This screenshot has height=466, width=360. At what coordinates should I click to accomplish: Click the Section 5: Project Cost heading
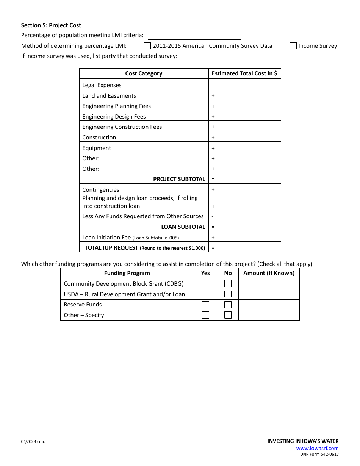(51, 25)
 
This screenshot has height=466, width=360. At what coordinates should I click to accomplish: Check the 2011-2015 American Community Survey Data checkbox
(147, 46)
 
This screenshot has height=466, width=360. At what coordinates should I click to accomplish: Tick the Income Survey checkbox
(293, 46)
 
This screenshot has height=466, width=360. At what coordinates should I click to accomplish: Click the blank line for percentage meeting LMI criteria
(194, 36)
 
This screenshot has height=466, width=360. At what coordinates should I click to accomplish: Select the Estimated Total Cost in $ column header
(244, 73)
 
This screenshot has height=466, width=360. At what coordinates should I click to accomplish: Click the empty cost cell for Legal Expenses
(244, 84)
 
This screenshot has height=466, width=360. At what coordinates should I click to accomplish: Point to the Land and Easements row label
(109, 96)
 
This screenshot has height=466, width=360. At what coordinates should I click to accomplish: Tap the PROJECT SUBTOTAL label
(179, 179)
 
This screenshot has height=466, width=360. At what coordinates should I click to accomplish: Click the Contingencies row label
(101, 190)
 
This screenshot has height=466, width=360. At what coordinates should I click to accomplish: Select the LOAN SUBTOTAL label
(183, 227)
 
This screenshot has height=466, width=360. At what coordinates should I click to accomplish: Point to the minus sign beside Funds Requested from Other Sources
(213, 216)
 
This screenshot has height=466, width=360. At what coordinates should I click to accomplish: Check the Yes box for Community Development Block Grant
(205, 283)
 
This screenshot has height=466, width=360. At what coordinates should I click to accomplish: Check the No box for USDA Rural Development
(228, 294)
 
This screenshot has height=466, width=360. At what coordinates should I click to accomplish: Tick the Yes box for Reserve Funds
(205, 305)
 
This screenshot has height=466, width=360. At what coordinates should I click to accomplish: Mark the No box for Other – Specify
(228, 315)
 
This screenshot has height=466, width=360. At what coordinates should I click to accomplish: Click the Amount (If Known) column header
(269, 273)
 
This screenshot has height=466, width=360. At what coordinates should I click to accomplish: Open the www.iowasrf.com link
(318, 449)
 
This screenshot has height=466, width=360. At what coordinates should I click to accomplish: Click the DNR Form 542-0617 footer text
(319, 455)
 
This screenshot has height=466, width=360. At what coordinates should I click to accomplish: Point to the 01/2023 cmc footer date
(33, 441)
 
